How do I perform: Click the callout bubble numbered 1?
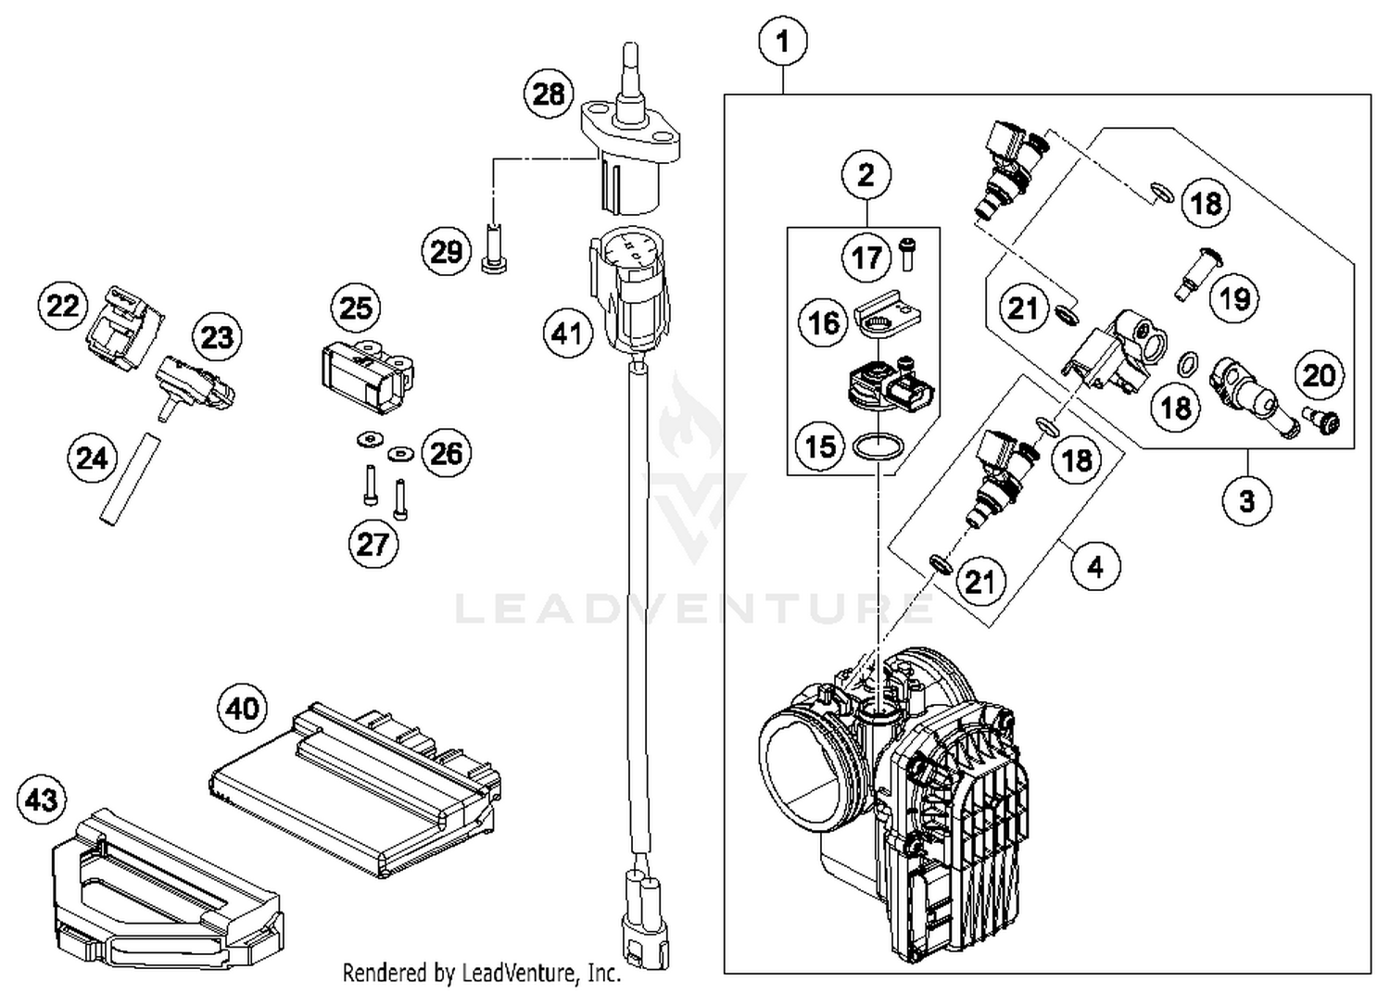[783, 42]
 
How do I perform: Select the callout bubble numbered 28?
[549, 94]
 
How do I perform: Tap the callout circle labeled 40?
[242, 709]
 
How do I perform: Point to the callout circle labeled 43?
[42, 799]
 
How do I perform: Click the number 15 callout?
[820, 447]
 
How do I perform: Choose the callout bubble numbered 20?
[1319, 375]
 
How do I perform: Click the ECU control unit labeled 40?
[352, 792]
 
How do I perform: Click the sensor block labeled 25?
[366, 375]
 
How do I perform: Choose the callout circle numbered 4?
[1095, 566]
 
